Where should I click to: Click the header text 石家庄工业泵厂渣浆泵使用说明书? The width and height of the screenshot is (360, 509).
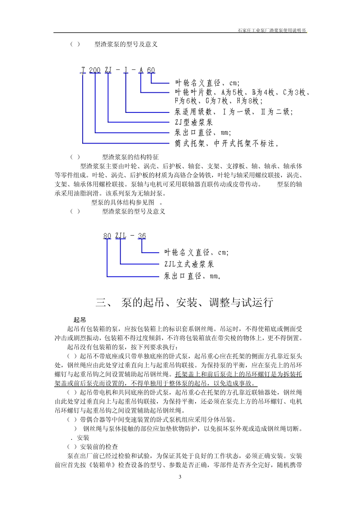coord(272,30)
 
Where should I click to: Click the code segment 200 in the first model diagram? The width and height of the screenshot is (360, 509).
coord(95,70)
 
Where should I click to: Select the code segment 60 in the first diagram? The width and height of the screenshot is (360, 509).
coord(151,70)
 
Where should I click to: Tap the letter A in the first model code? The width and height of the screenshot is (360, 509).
coord(141,70)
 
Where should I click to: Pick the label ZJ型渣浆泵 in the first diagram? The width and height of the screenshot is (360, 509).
coord(194,122)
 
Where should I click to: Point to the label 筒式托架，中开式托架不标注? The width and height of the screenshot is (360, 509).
coord(227,144)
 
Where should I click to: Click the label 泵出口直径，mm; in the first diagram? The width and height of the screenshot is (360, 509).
coord(202,133)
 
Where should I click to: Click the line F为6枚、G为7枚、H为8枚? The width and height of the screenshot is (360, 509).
coord(218,101)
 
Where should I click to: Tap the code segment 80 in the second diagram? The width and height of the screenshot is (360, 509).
coord(107,236)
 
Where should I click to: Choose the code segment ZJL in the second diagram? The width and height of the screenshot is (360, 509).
coord(121,236)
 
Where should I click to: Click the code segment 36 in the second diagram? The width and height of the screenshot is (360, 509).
coord(142,236)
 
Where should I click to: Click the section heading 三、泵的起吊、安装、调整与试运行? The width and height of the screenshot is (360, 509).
coord(184,302)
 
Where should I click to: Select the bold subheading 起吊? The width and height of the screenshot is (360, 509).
coord(80,320)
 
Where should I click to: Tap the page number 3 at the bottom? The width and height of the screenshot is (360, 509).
coord(180,477)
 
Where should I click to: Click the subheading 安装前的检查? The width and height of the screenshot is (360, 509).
coord(99,447)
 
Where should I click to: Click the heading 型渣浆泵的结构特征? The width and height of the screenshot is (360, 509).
coord(130,157)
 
